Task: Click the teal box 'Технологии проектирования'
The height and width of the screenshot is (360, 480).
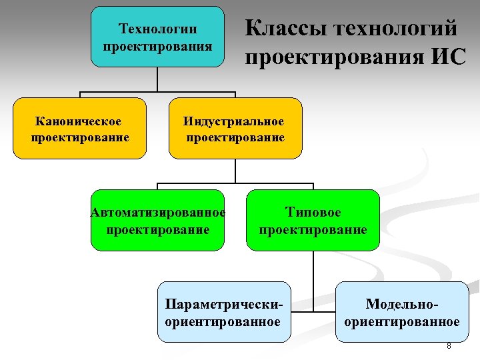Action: tap(157, 37)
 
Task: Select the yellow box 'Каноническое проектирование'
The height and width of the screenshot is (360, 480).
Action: tap(79, 129)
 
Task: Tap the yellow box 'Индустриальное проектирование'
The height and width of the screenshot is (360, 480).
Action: tap(235, 129)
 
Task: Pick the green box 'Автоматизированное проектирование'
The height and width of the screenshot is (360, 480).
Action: tap(157, 220)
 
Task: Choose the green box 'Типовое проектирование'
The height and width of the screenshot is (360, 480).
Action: tap(313, 220)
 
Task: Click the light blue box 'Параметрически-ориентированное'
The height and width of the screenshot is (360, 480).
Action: tap(223, 312)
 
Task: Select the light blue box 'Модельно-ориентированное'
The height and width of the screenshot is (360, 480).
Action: tap(401, 312)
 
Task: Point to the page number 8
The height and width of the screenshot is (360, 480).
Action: tap(449, 346)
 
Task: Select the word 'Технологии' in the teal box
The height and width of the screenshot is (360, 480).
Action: tap(157, 29)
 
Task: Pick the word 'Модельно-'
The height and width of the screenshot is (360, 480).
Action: tap(401, 304)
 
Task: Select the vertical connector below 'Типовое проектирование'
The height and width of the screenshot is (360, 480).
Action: tap(312, 267)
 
